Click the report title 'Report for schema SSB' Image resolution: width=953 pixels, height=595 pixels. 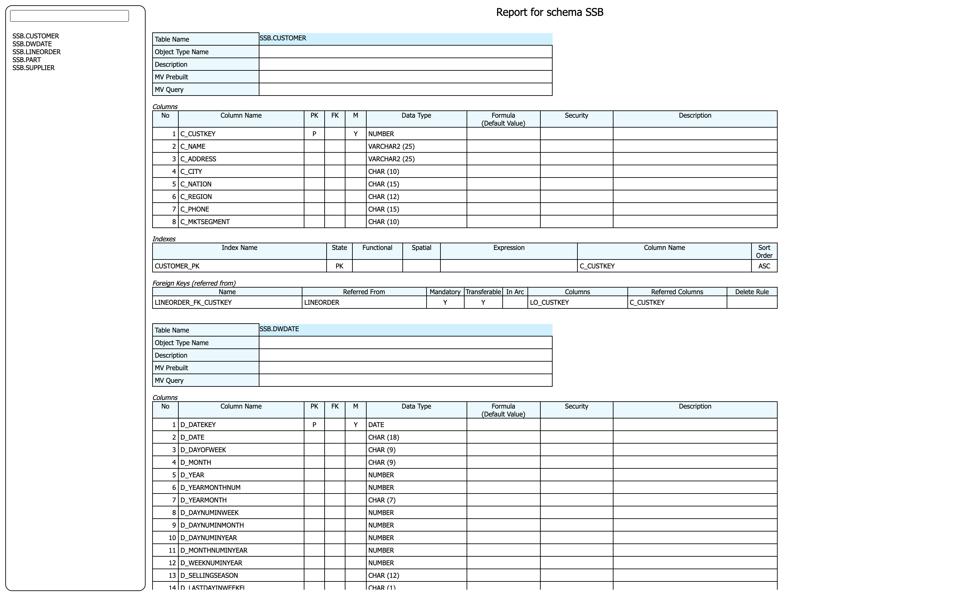click(x=549, y=13)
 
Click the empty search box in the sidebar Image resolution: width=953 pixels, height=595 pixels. click(x=69, y=16)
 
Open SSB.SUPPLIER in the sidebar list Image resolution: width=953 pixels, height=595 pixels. click(x=33, y=68)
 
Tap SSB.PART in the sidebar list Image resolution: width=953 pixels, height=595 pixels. click(x=27, y=60)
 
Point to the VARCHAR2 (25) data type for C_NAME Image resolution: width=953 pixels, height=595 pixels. click(x=391, y=146)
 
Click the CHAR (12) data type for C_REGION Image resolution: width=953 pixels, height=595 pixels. click(x=384, y=197)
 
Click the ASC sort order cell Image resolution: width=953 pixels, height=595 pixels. click(x=764, y=266)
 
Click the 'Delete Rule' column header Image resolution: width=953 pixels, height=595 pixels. click(x=752, y=292)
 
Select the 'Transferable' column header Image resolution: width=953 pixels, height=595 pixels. click(x=483, y=292)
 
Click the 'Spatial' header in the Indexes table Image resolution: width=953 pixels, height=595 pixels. click(x=421, y=248)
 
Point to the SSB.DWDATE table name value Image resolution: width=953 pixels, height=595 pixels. click(x=279, y=329)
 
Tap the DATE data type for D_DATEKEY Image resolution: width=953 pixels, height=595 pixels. click(x=376, y=425)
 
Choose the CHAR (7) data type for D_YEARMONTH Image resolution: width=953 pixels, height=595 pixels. click(x=382, y=500)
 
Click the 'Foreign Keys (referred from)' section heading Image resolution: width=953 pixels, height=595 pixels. click(x=194, y=283)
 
